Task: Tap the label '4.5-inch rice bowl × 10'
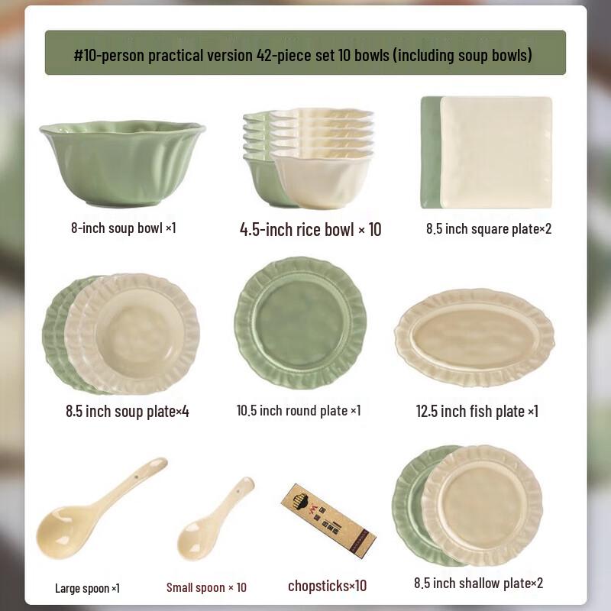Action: coord(310,229)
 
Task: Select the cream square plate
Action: coord(496,152)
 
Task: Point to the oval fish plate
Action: coord(474,335)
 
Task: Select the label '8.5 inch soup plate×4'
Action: coord(127,411)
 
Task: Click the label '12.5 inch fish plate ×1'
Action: coord(477,411)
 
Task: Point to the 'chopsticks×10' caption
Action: coord(327,586)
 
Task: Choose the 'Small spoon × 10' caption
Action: coord(206,587)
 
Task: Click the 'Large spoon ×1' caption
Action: coord(87,588)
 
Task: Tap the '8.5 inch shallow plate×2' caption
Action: coord(478,584)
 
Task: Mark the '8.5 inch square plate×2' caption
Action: coord(488,228)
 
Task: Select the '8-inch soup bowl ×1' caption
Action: coord(124,228)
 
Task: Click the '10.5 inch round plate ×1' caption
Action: coord(299,410)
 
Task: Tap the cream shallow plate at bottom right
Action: coord(482,504)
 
